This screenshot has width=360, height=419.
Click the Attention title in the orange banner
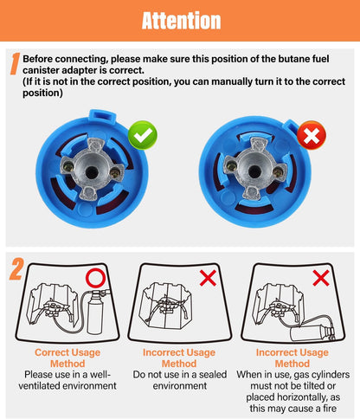[x=181, y=21]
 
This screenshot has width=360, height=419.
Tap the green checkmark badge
[x=143, y=135]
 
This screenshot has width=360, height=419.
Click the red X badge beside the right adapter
[x=312, y=135]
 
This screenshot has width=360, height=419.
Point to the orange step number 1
[x=15, y=63]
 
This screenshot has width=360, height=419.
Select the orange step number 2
[x=16, y=269]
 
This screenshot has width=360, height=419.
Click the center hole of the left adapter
[x=92, y=172]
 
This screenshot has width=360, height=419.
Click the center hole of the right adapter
[x=254, y=172]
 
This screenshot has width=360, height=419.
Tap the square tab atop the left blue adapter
[x=102, y=115]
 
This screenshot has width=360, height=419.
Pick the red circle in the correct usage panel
[x=95, y=278]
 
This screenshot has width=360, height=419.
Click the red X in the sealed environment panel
[x=208, y=278]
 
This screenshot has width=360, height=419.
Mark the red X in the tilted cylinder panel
[x=321, y=278]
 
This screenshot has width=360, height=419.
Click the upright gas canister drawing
[x=95, y=313]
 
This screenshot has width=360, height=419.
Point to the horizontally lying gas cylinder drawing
[x=312, y=333]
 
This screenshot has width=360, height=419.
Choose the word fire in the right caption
[x=329, y=409]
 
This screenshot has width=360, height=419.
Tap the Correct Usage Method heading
[x=67, y=358]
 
